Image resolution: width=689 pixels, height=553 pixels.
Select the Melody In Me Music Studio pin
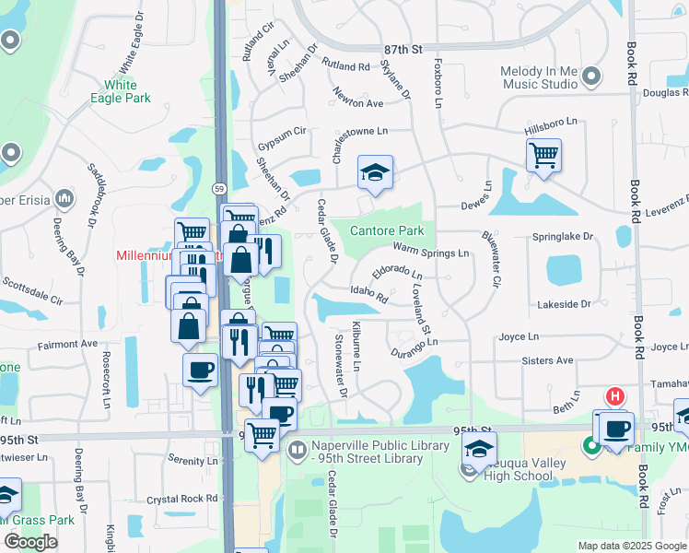(590, 76)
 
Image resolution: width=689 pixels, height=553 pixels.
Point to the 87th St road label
(403, 48)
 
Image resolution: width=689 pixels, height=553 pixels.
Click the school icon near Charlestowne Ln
(375, 172)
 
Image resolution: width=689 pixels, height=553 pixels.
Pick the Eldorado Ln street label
(397, 274)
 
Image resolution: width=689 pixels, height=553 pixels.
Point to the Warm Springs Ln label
(430, 251)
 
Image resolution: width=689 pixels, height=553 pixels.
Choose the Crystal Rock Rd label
(186, 498)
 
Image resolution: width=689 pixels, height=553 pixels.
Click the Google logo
(30, 542)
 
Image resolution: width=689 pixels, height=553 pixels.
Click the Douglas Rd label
(665, 92)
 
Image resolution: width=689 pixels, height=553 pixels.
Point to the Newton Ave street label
(358, 103)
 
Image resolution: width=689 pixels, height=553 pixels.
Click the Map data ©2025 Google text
(631, 546)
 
